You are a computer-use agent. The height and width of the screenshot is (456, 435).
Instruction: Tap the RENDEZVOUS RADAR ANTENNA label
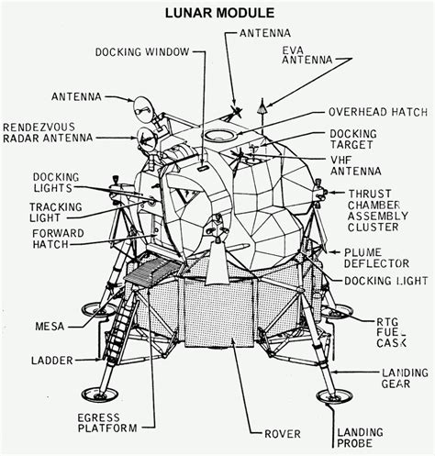click(44, 135)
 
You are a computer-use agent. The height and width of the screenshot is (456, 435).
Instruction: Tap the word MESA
click(50, 326)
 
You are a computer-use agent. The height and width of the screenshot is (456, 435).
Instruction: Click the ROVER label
click(282, 433)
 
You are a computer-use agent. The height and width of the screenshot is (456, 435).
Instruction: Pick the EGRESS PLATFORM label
click(107, 421)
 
